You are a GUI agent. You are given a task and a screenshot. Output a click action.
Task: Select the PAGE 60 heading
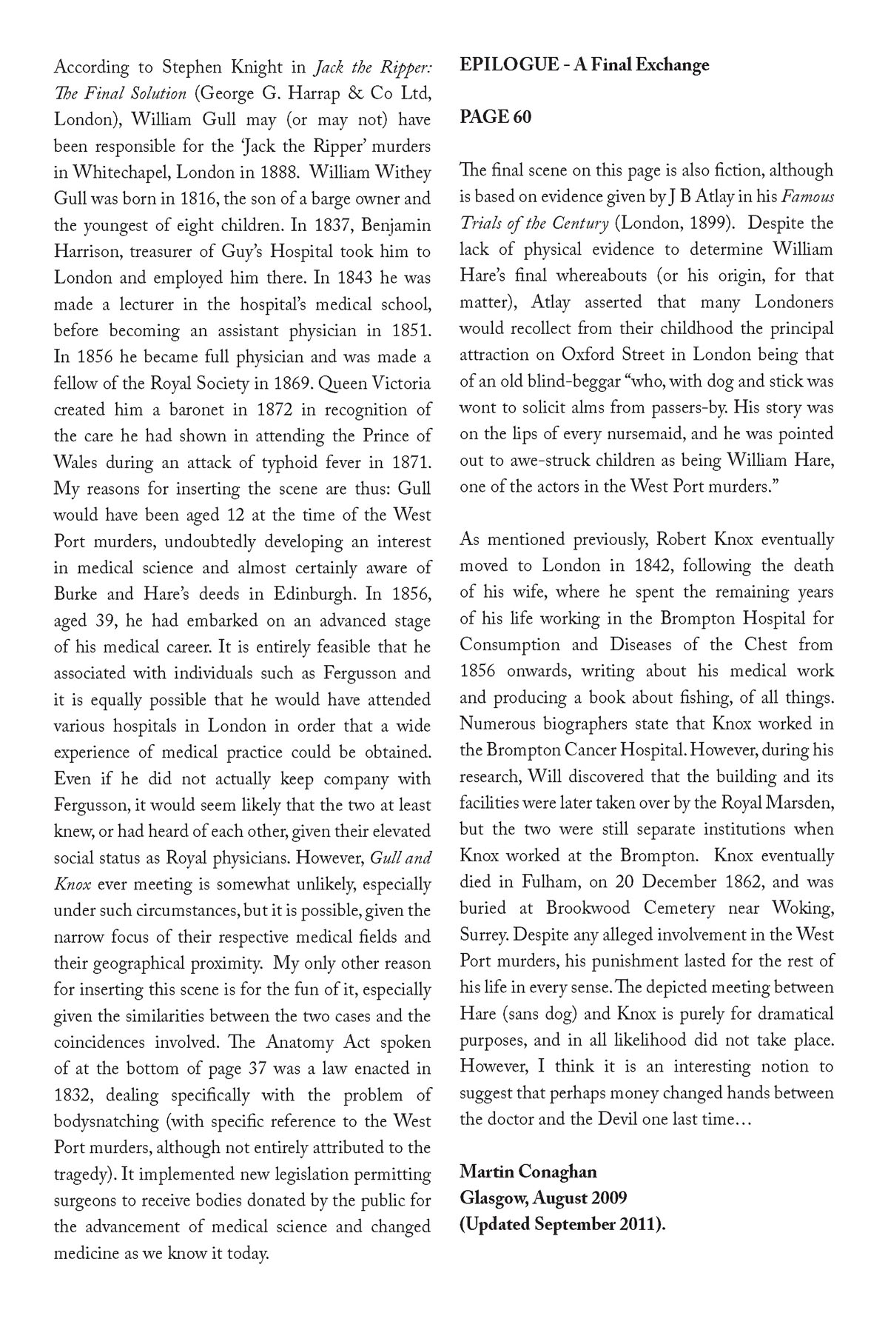tap(495, 117)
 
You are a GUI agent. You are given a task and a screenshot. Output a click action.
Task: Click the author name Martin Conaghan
tap(528, 1172)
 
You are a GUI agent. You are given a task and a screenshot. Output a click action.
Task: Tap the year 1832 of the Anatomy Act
tap(74, 1095)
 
